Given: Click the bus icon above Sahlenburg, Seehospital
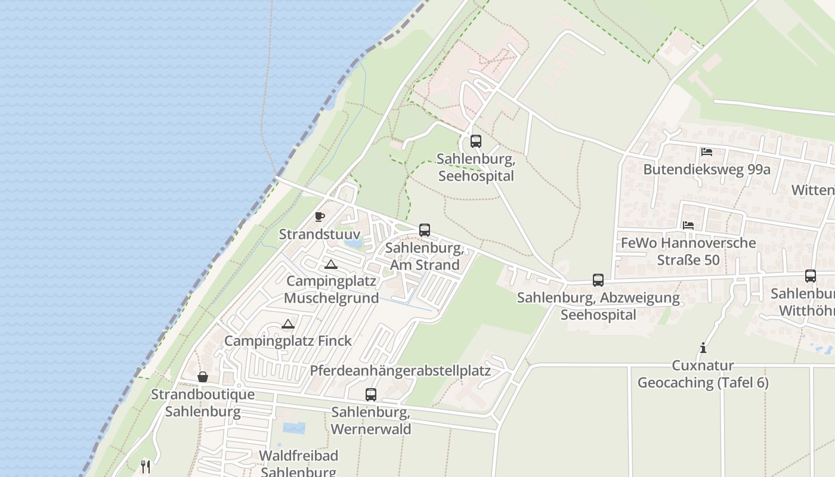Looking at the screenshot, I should point(475,141).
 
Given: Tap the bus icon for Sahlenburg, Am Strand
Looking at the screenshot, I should point(424,230).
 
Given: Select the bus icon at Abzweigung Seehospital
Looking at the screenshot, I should point(598,280).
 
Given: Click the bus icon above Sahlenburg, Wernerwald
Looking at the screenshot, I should point(370,394).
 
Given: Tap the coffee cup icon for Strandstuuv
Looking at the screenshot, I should point(320,216).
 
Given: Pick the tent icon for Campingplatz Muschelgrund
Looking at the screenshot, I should point(330,264).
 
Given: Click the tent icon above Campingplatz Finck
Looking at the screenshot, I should point(288,324).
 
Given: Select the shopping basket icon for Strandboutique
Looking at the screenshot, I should point(203,377).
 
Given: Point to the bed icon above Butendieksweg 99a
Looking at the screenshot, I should point(706,152).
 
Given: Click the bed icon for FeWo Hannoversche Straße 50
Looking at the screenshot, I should point(688,225).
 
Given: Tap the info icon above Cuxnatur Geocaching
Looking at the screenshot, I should point(703,348).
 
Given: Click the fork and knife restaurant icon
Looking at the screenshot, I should point(145,466).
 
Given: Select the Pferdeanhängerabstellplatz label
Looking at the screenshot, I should point(400,370).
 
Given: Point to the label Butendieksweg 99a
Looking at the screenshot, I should point(706,169).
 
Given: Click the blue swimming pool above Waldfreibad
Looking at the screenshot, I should point(293,428).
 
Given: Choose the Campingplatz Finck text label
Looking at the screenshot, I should point(287,341).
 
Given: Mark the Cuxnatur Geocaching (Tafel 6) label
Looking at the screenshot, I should point(703,374).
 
